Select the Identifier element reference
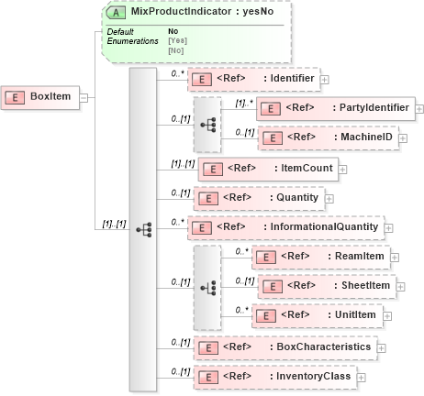pyautogui.click(x=253, y=80)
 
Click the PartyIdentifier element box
pyautogui.click(x=335, y=108)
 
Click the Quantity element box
pyautogui.click(x=259, y=197)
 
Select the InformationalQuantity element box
pyautogui.click(x=285, y=226)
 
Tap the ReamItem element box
pyautogui.click(x=318, y=258)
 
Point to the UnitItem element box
pyautogui.click(x=316, y=315)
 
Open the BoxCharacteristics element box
pyautogui.click(x=285, y=347)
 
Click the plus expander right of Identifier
pyautogui.click(x=326, y=81)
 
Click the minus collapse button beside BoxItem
pyautogui.click(x=84, y=96)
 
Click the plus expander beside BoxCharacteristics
pyautogui.click(x=383, y=348)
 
